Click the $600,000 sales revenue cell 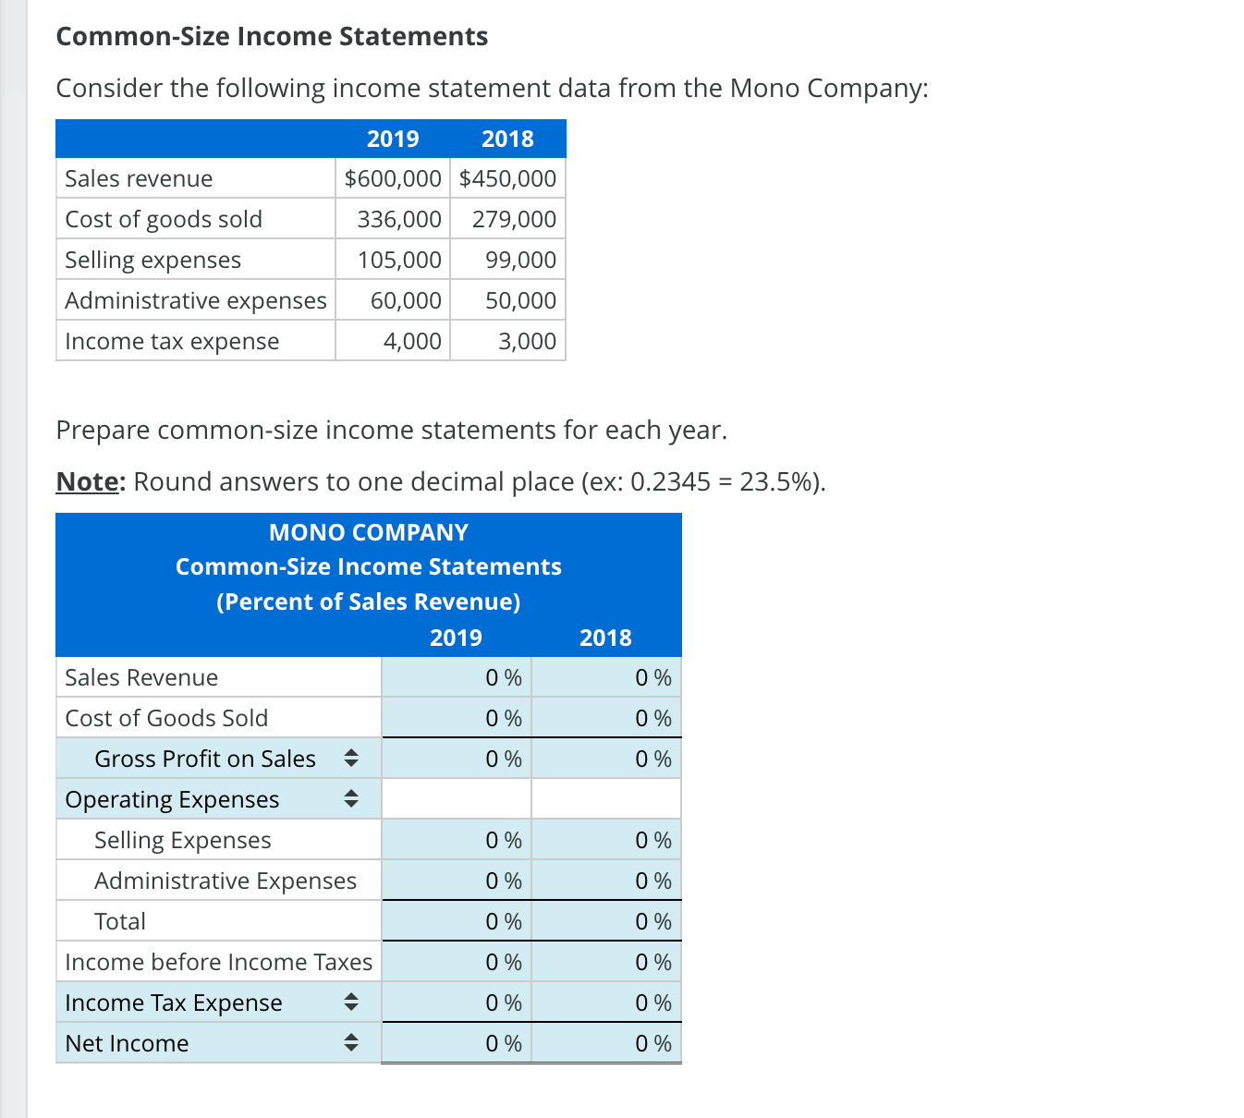point(393,178)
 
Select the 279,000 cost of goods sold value point(514,219)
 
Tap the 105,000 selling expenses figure point(399,260)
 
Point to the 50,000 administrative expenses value point(520,300)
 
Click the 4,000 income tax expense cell point(412,341)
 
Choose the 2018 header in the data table point(507,139)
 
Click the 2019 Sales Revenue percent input point(457,677)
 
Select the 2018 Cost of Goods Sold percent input point(606,718)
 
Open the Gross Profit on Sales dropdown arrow point(350,759)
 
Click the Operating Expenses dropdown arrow point(350,799)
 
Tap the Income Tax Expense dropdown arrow point(350,1003)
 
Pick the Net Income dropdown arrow point(350,1043)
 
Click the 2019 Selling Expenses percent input point(457,840)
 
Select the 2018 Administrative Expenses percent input point(606,881)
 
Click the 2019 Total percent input point(457,921)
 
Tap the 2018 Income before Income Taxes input point(606,962)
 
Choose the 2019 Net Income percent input point(457,1043)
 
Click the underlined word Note point(88,481)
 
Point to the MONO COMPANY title point(368,532)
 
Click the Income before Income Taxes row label point(218,962)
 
